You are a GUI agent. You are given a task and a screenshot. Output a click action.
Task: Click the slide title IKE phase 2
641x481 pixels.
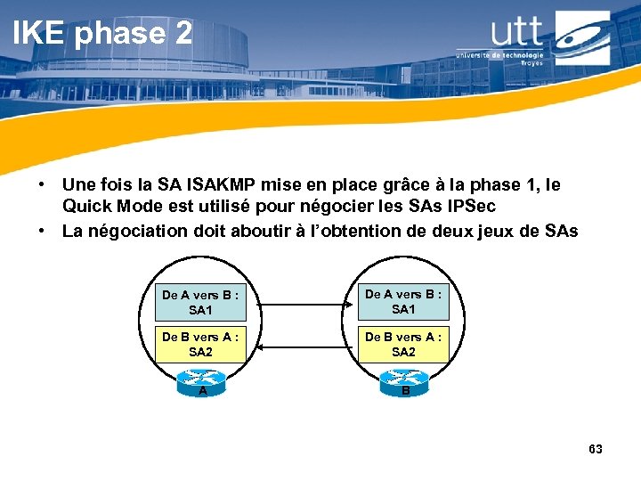coord(101,33)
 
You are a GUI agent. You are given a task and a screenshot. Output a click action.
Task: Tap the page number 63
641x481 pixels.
coord(596,449)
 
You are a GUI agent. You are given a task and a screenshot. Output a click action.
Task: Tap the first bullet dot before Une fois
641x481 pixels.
coord(41,185)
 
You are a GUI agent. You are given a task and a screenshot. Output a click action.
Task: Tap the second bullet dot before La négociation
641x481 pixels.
coord(41,232)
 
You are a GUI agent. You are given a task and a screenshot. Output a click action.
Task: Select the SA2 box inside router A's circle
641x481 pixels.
coord(200,345)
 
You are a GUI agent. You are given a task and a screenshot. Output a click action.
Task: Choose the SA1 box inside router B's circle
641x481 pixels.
coord(403,302)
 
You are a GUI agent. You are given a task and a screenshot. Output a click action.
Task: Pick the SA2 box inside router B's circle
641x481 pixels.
coord(403,345)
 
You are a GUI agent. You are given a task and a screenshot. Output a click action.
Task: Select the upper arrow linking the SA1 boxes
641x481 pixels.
coord(302,306)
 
